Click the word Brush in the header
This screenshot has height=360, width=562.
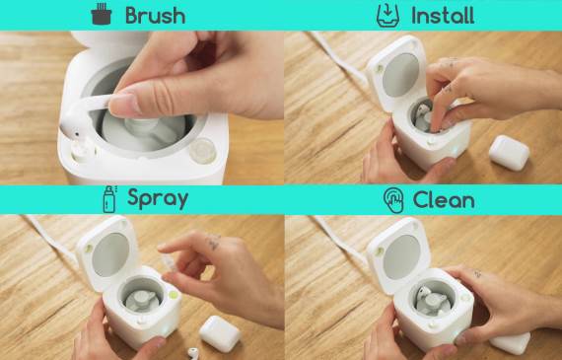click(155, 16)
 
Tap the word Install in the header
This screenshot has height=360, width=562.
click(443, 16)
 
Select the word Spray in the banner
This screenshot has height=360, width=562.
click(158, 199)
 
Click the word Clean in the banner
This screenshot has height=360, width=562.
click(444, 199)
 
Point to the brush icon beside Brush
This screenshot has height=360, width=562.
click(102, 14)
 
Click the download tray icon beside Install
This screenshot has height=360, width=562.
click(388, 16)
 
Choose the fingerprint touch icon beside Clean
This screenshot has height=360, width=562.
click(393, 200)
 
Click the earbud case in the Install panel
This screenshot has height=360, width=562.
click(509, 153)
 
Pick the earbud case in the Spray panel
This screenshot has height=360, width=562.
click(220, 333)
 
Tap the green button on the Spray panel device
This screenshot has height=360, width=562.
click(174, 295)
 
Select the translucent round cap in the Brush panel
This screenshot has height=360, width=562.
click(202, 151)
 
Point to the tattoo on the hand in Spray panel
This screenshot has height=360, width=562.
click(214, 242)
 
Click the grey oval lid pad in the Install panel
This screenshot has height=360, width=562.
click(400, 75)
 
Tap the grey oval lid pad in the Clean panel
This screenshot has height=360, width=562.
click(403, 256)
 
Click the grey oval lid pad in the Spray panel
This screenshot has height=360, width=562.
click(110, 254)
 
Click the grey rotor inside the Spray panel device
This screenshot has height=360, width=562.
click(142, 301)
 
